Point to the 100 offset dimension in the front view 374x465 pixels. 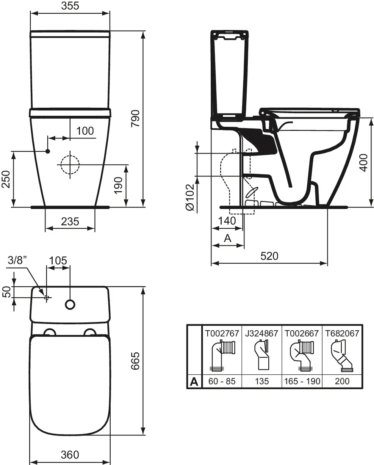pyautogui.click(x=85, y=131)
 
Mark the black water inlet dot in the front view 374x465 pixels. pyautogui.click(x=48, y=151)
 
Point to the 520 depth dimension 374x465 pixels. pyautogui.click(x=269, y=256)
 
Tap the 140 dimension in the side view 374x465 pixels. pyautogui.click(x=227, y=221)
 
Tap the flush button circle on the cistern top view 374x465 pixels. pyautogui.click(x=70, y=304)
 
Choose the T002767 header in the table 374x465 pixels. pyautogui.click(x=222, y=333)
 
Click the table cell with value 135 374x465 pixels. pyautogui.click(x=262, y=381)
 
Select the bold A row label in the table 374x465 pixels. pyautogui.click(x=194, y=382)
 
